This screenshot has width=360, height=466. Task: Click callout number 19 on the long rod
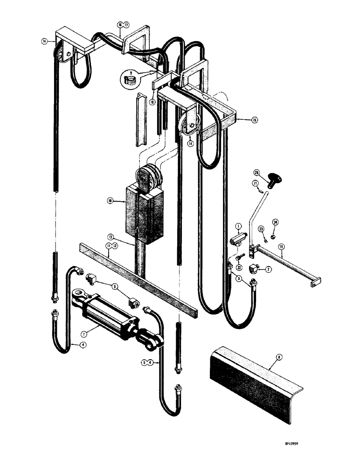(x=281, y=246)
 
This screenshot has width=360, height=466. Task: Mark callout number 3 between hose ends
(x=238, y=280)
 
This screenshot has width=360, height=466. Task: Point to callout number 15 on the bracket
(x=255, y=120)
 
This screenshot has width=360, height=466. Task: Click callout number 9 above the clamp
(x=132, y=73)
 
